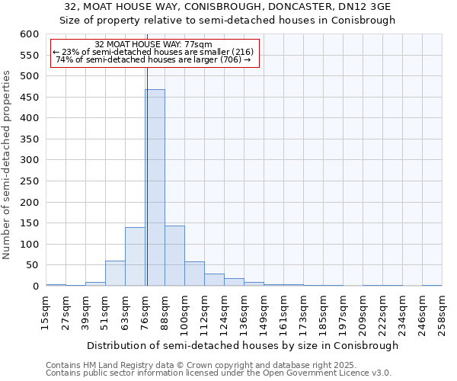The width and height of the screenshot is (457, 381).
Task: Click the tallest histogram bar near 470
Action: tap(155, 187)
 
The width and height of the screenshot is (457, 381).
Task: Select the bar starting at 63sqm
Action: tap(135, 256)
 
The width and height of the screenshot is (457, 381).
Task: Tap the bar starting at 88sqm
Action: tap(174, 255)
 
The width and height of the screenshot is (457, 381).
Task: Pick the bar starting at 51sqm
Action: tap(115, 273)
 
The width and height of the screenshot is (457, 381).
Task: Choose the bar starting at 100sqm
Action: tap(194, 274)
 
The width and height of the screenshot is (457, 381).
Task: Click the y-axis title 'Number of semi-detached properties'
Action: tap(7, 165)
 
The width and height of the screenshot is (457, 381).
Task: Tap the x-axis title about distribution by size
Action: tap(242, 345)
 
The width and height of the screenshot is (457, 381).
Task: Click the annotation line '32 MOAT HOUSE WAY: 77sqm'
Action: tap(154, 45)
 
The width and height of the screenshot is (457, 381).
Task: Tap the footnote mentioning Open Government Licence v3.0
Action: tap(219, 373)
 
